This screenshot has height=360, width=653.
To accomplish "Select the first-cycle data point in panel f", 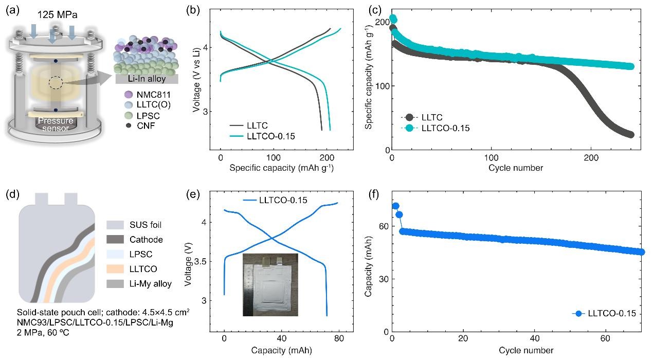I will [x=395, y=206].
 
